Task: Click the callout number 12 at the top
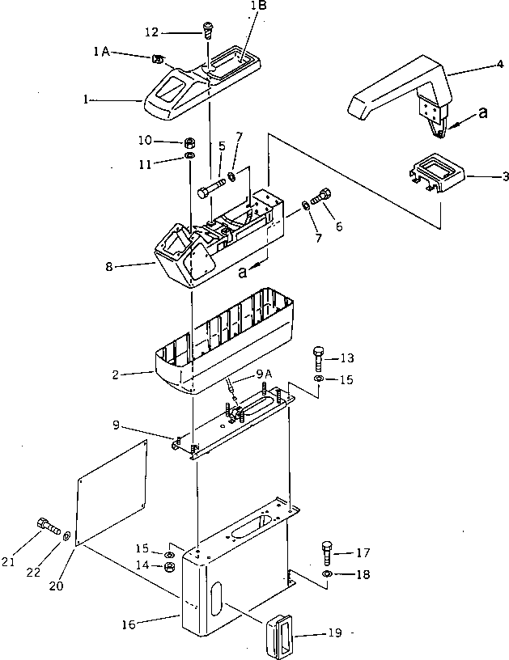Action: pos(152,32)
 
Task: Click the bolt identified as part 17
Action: pos(328,554)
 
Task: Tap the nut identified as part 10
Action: pos(189,142)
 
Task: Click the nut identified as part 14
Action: pos(170,567)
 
